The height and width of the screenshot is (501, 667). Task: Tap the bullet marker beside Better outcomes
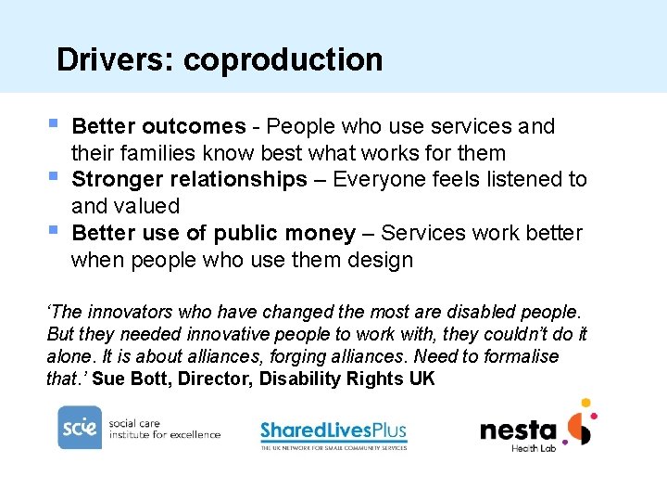53,122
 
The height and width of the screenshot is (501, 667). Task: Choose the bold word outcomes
194,126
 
